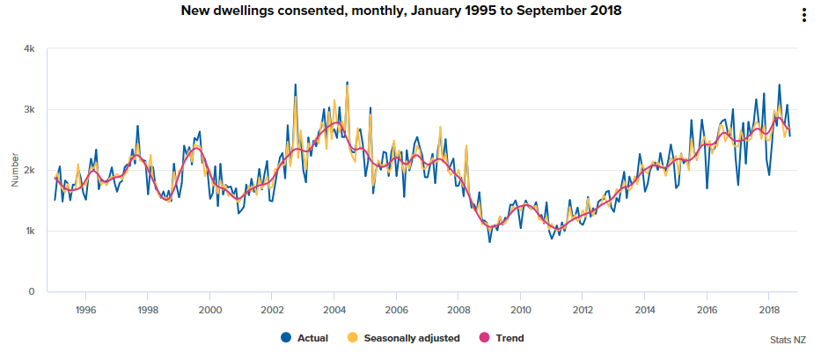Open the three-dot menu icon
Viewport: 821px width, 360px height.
tap(803, 15)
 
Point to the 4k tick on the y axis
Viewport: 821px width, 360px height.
tap(28, 49)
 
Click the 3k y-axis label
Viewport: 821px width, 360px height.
tap(28, 110)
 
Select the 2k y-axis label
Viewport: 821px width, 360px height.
tap(28, 170)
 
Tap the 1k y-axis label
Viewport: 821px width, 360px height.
tap(28, 231)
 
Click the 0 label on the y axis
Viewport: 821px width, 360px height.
tap(31, 291)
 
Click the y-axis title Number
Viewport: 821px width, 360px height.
tap(15, 170)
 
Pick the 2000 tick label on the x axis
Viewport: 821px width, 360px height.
tap(209, 309)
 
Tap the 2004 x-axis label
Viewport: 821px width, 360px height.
tap(334, 309)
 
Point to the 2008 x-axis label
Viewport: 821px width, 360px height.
tap(458, 309)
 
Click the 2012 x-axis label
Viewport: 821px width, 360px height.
tap(583, 309)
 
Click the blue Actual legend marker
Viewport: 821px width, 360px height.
tap(285, 337)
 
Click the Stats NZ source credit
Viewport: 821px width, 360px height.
tap(788, 338)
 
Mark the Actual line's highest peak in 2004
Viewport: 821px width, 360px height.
tap(347, 82)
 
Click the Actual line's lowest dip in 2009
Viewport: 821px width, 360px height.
tap(490, 241)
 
